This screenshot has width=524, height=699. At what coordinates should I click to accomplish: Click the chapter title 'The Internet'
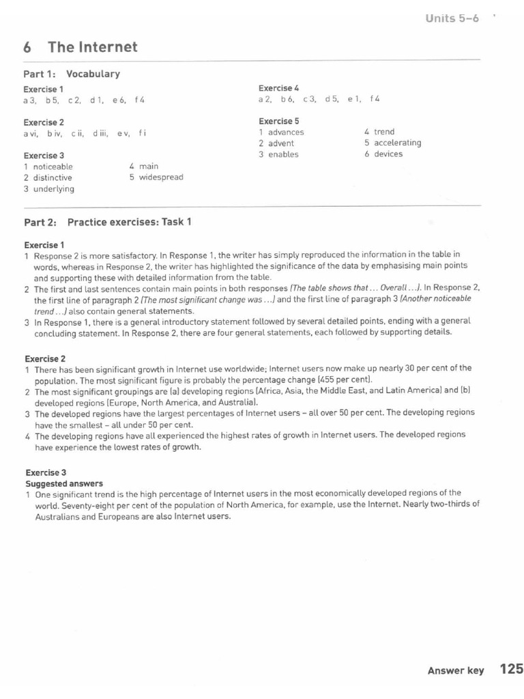92,47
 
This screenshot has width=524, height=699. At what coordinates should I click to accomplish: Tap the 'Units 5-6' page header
452,18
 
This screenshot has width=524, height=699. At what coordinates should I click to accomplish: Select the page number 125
511,669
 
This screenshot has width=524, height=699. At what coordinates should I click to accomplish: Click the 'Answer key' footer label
455,670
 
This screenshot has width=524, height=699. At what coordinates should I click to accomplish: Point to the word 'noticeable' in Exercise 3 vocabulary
53,167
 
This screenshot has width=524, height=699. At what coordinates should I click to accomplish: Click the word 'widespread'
161,177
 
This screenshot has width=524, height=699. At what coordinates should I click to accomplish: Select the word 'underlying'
54,189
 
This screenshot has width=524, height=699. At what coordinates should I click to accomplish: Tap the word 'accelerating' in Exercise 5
397,143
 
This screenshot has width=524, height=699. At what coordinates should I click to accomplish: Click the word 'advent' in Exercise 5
281,143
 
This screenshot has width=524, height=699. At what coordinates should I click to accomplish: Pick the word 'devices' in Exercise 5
388,154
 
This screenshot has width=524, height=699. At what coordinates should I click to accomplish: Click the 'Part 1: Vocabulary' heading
72,74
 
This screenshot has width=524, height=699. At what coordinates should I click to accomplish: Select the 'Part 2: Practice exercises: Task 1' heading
108,222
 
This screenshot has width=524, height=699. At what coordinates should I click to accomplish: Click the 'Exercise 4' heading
278,88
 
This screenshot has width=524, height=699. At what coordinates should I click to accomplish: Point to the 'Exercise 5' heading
278,121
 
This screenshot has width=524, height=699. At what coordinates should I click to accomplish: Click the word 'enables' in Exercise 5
283,154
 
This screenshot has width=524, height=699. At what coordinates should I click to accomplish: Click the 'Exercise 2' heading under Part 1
44,122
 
